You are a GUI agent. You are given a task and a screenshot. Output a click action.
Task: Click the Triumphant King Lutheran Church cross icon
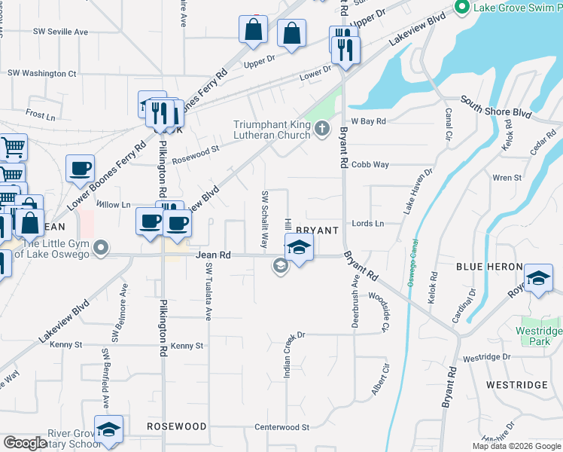point(322,129)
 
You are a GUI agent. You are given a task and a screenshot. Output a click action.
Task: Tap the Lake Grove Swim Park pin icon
point(461,8)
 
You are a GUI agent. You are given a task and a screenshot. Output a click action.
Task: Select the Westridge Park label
point(539,336)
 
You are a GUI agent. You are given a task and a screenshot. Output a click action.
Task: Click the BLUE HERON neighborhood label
point(489,267)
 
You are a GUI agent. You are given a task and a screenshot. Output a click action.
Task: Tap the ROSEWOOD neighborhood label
point(177,426)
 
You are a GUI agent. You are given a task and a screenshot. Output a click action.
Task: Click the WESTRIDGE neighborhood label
point(516,385)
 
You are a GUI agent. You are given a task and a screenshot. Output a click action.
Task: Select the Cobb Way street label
point(370,164)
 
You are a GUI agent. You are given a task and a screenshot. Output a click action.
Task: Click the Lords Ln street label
point(368,224)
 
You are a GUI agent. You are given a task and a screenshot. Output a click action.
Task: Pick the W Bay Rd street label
point(368,121)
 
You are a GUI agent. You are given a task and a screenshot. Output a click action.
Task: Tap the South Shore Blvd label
point(496,108)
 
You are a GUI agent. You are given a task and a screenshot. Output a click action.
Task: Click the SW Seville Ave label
point(60,32)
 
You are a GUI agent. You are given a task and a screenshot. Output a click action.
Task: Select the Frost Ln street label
point(41,115)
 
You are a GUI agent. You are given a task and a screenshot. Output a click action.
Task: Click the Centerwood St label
point(282,427)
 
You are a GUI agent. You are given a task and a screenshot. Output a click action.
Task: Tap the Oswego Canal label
point(412,263)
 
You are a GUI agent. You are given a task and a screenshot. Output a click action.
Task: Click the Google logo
point(25,443)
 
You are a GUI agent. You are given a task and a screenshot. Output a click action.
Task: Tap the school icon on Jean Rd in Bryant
point(299,247)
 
